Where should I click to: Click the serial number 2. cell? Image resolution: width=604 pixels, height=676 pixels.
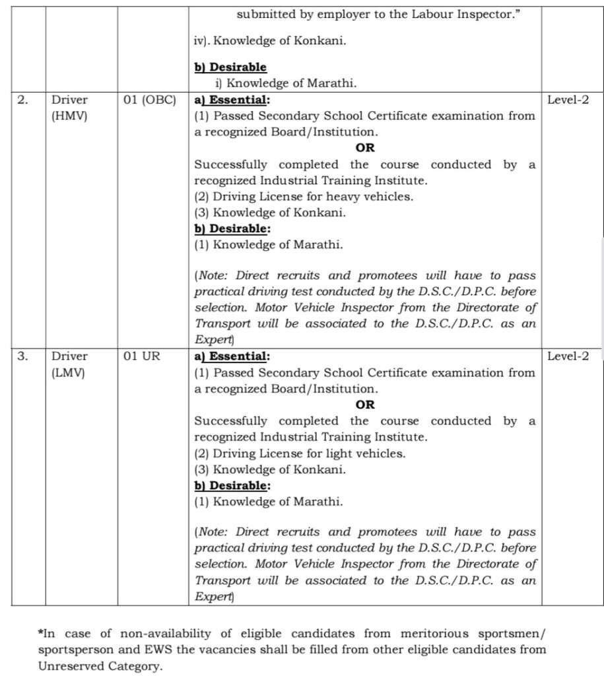coord(22,100)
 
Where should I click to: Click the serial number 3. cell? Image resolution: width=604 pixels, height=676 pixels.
coord(22,356)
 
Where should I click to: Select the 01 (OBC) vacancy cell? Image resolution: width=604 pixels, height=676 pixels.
coord(150,100)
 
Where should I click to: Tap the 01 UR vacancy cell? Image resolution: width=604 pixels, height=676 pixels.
coord(142,356)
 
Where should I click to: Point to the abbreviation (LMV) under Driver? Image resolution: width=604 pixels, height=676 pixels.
coord(69,372)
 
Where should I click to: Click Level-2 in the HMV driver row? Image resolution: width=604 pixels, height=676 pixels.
coord(568,100)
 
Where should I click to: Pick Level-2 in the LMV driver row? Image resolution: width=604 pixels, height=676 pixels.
coord(568,356)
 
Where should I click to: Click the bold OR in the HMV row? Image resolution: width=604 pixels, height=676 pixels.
coord(364,149)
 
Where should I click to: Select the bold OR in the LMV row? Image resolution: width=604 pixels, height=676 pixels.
coord(364,405)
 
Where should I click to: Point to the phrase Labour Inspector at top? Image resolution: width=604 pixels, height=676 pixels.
coord(469,14)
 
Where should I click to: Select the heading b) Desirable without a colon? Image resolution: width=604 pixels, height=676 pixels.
coord(230,67)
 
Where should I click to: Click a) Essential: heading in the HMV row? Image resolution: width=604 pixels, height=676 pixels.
coord(232,100)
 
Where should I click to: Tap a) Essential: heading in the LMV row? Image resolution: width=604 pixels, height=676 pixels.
coord(232,356)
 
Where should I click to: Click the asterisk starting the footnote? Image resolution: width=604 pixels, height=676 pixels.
coord(40,632)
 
